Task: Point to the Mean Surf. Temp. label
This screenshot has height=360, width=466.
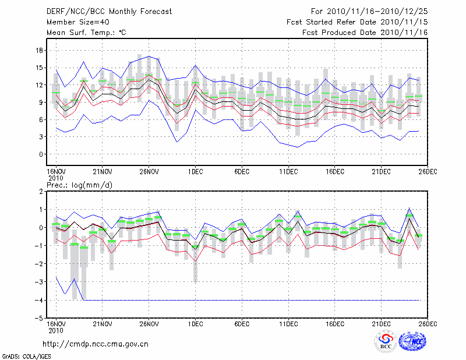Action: (x=86, y=33)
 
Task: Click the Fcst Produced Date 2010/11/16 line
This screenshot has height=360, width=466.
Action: (x=365, y=33)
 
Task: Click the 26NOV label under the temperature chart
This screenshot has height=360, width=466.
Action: (x=149, y=172)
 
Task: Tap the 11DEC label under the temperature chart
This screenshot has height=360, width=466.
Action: (x=288, y=172)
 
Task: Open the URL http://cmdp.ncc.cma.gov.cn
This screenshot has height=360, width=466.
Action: (x=96, y=344)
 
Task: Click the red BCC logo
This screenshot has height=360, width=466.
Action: (x=386, y=343)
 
